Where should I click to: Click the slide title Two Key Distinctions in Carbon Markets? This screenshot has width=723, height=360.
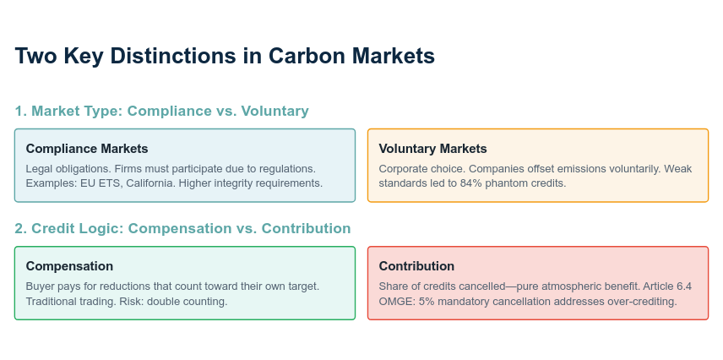225,57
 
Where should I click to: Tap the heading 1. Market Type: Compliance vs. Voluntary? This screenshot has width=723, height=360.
162,112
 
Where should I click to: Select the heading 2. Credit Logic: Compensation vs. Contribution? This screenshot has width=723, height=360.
182,228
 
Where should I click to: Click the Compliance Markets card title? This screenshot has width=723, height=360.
87,149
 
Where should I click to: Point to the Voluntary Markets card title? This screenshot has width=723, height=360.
433,149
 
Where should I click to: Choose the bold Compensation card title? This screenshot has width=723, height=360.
69,266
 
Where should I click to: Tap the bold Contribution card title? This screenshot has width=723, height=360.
417,266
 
